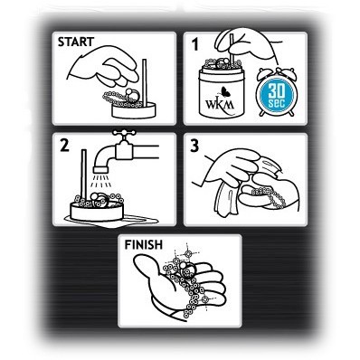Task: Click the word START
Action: [76, 42]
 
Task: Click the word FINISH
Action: [144, 244]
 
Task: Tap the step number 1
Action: [195, 44]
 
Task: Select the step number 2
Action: [65, 146]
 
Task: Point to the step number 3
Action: [194, 146]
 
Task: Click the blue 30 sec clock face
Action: [276, 95]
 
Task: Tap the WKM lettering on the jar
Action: [220, 104]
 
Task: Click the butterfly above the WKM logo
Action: [224, 91]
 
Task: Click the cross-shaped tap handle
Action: [124, 133]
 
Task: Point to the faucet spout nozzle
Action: [100, 169]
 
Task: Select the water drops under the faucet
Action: [101, 180]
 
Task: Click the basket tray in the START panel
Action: [134, 110]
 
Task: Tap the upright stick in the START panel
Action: [145, 83]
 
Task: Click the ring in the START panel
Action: [133, 95]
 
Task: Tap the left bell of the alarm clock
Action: [263, 72]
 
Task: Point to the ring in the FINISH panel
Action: [186, 270]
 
